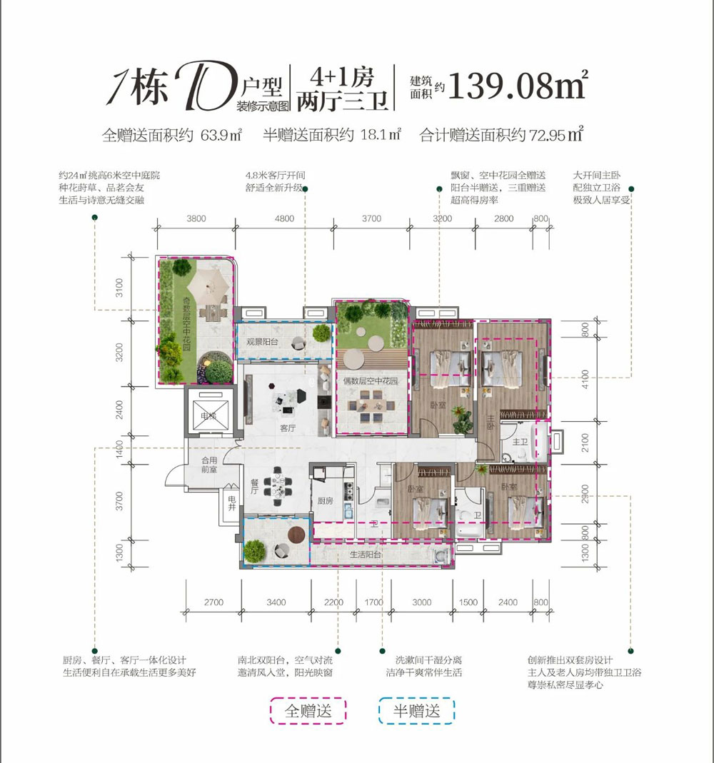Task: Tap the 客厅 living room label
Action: coord(288,429)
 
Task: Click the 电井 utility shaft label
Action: coord(230,503)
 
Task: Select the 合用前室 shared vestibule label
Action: coord(209,465)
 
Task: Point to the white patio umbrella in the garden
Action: coord(211,288)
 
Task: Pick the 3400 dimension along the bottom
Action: coord(276,602)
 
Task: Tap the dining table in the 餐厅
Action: coord(277,483)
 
